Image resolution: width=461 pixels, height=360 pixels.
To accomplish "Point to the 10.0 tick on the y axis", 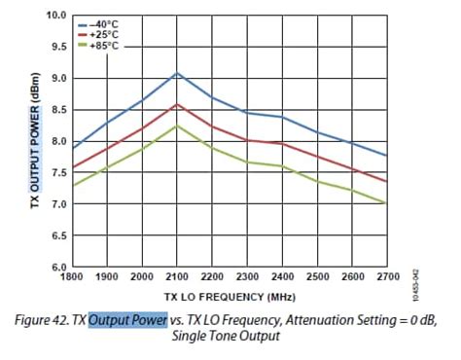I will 55,16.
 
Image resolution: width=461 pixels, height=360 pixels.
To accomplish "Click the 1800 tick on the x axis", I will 73,276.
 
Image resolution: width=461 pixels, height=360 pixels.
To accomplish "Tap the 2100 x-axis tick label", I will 176,276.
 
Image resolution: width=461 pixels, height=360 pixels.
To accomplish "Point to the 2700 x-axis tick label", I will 386,276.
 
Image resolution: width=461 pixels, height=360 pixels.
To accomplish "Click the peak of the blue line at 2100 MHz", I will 176,73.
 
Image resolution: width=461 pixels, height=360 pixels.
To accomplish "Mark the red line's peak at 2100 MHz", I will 176,104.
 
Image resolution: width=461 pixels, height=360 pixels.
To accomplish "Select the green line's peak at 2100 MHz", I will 176,126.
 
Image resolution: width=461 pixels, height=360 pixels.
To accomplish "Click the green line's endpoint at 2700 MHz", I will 387,202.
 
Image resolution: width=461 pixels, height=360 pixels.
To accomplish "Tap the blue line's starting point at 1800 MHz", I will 73,148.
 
